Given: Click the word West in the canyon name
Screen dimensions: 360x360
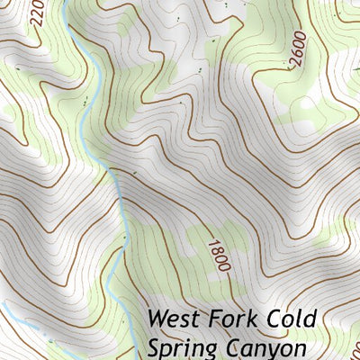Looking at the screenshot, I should coord(176,319).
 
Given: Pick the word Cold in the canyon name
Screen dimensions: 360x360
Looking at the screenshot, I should coord(294,319).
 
